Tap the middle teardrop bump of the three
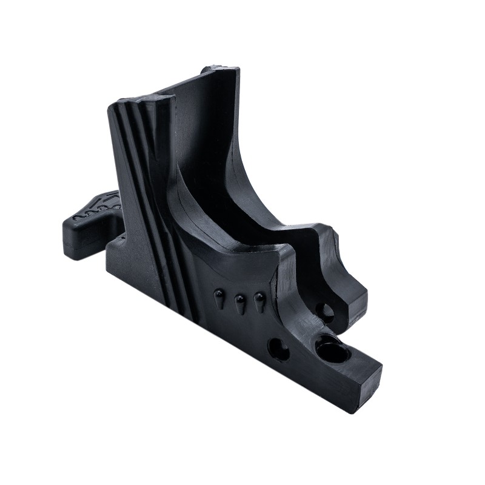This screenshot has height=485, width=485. [239, 301]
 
